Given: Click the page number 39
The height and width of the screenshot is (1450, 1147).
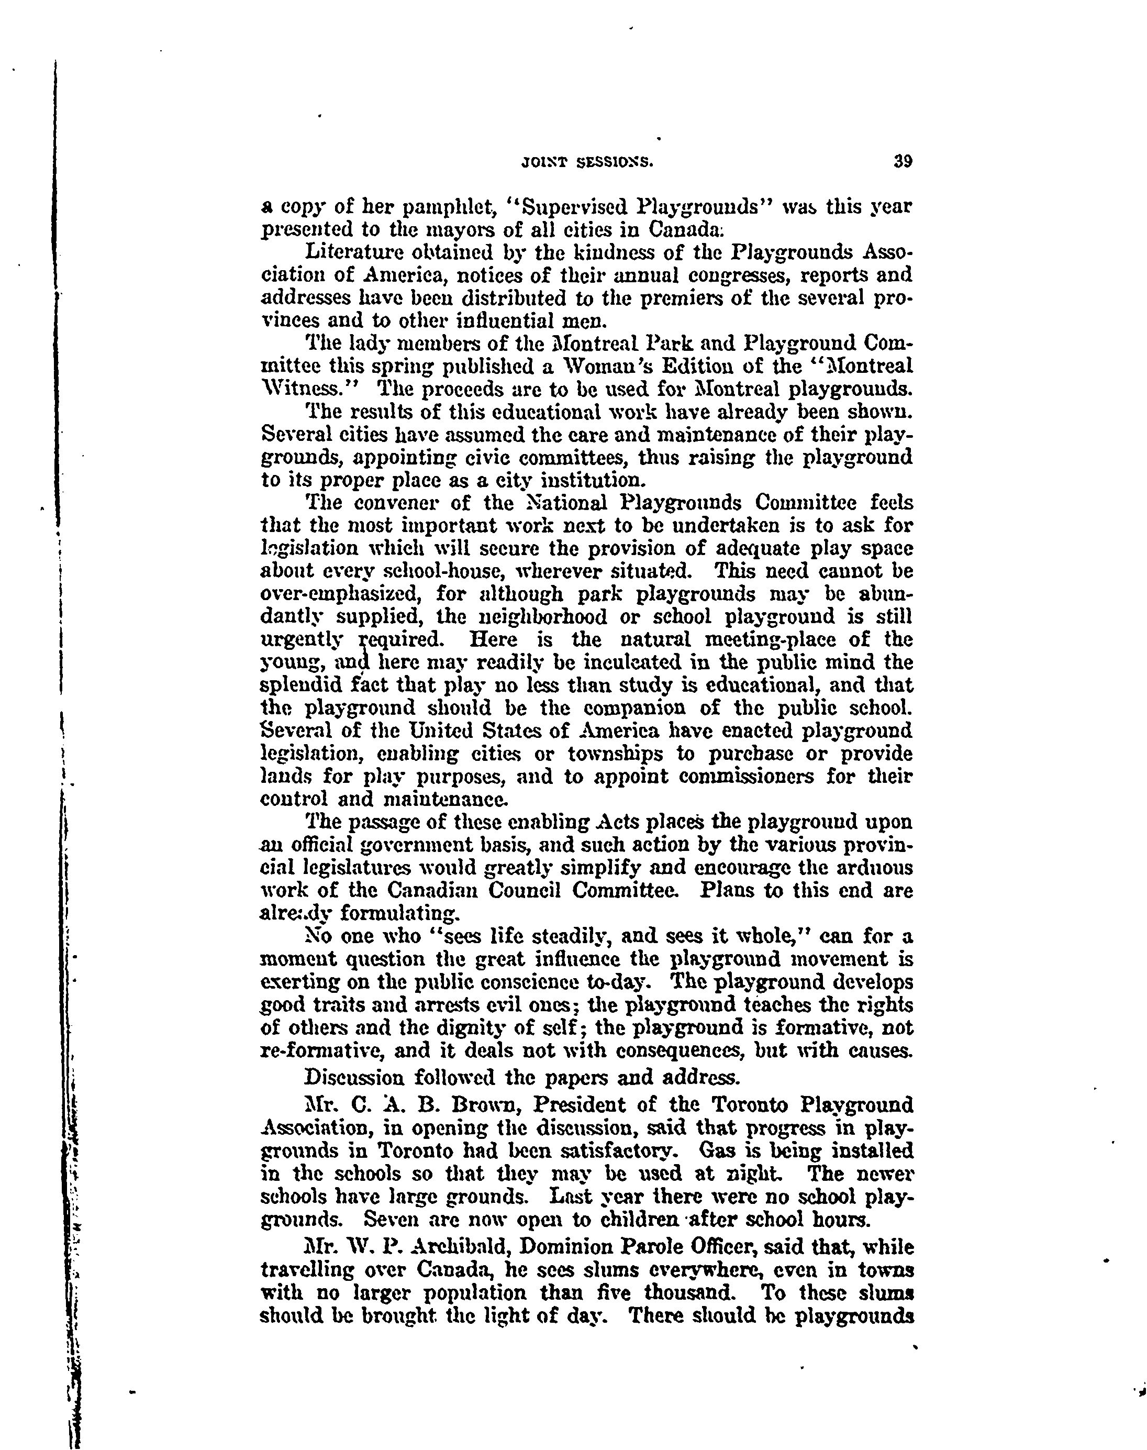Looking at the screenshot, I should [x=903, y=162].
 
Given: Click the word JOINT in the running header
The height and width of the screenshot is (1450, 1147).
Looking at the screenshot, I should [x=543, y=162].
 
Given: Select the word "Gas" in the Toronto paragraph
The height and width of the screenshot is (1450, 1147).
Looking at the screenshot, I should [x=717, y=1150].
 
